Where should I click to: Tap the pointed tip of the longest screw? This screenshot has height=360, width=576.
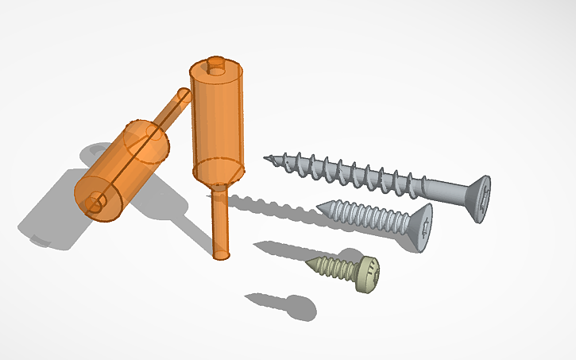click(x=266, y=158)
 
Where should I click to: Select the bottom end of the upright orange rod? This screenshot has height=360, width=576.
click(x=222, y=255)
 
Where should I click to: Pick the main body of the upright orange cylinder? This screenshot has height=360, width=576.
click(x=216, y=119)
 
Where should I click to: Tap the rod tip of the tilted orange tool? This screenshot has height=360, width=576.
click(x=183, y=95)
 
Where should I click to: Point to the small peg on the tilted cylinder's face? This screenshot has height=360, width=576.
click(x=95, y=203)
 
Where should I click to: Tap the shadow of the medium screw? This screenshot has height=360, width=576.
click(x=278, y=249)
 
